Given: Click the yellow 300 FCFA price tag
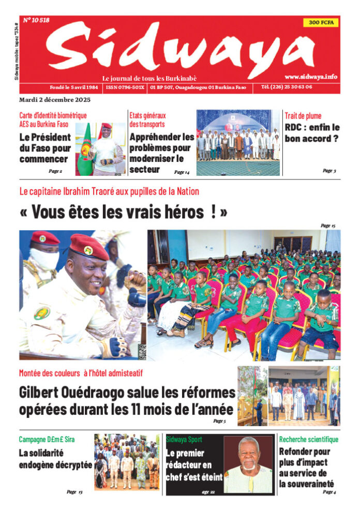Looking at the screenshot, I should pyautogui.click(x=320, y=23).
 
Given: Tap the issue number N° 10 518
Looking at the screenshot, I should pyautogui.click(x=36, y=21).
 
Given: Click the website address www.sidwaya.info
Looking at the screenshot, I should pyautogui.click(x=310, y=77).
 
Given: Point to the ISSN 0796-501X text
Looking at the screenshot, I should pyautogui.click(x=125, y=88).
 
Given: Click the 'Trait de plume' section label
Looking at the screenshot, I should pyautogui.click(x=303, y=115).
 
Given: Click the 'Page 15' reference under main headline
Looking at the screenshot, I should pyautogui.click(x=328, y=225).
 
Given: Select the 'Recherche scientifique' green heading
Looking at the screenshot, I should pyautogui.click(x=309, y=440).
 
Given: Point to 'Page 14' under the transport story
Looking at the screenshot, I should pyautogui.click(x=182, y=172).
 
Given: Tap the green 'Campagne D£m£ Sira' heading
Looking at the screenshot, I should pyautogui.click(x=47, y=440).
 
